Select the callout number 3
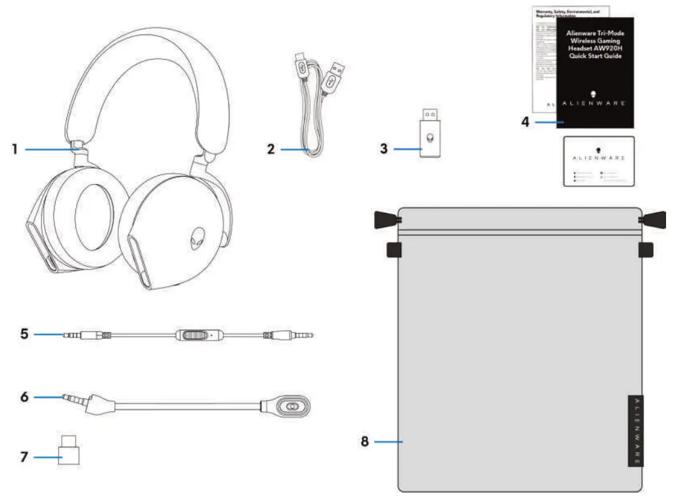coord(383,150)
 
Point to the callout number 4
coord(525,121)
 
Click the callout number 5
coord(25,334)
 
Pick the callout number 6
coord(24,397)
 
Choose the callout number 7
coord(24,457)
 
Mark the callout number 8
coord(365,441)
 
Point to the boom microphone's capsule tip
coord(292,406)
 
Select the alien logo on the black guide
coord(594,94)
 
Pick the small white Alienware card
coord(598,161)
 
